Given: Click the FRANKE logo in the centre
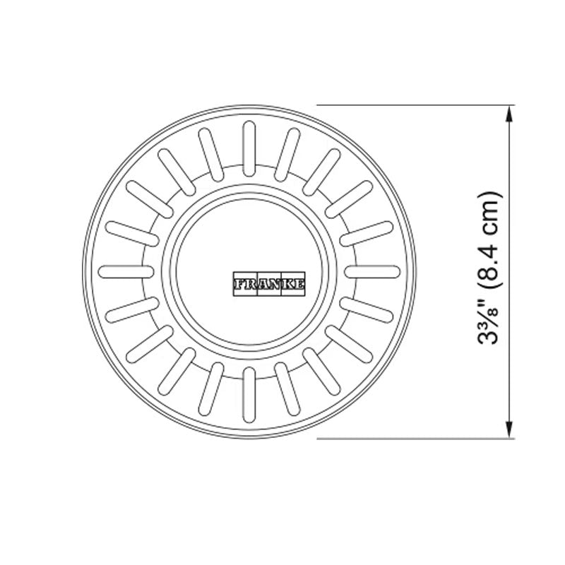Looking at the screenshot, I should coord(269,283).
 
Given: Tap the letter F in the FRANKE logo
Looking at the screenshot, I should coord(237,283).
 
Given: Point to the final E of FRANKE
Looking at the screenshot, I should coord(302,283).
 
